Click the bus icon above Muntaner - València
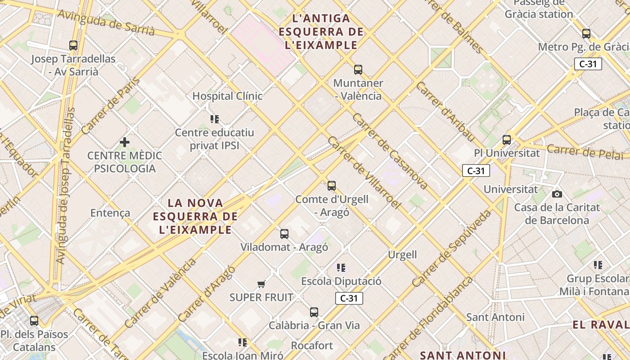coord(358,70)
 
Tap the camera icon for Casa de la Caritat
coord(557,194)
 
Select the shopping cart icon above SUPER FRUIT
coord(261,284)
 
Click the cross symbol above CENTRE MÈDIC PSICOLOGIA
coord(125,143)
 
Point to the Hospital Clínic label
coord(227,96)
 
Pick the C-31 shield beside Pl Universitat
coord(476,171)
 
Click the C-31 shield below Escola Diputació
coord(349,298)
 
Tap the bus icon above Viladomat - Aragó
coord(284,234)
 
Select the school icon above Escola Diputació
coord(341,268)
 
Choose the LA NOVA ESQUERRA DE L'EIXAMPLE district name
coord(195,216)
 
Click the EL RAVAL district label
coord(601,324)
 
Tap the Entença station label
coord(110,213)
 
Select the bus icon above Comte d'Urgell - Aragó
coord(332,186)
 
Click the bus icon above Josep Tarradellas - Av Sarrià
coord(73,45)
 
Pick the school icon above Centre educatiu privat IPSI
coord(215,119)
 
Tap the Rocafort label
coord(312,346)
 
